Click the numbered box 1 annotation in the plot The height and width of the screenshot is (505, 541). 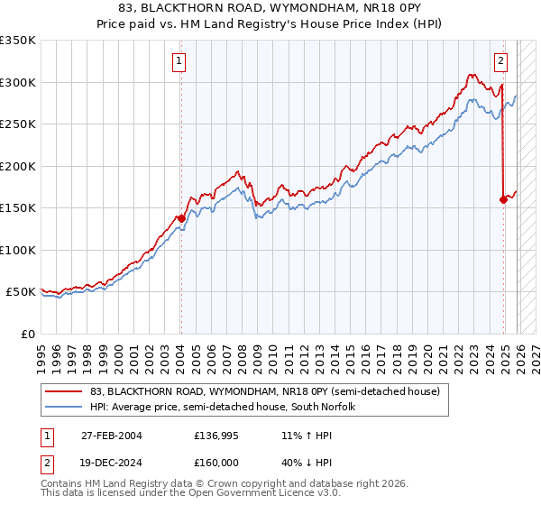179,61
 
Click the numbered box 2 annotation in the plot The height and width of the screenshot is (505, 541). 501,61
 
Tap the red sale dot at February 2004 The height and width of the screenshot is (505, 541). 180,218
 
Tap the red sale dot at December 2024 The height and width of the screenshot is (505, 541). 503,199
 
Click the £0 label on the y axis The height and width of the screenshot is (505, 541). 29,334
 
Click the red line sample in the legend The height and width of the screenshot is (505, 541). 64,391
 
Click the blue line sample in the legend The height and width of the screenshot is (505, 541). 64,407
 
